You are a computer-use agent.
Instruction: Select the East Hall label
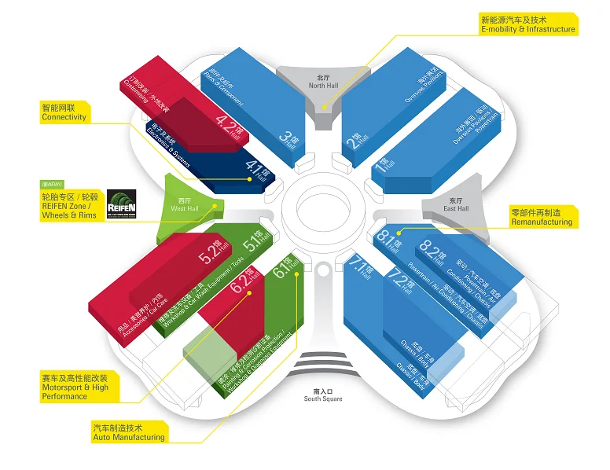pos(455,206)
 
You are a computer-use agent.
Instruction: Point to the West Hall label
pos(185,207)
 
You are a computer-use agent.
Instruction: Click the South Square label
pos(324,395)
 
